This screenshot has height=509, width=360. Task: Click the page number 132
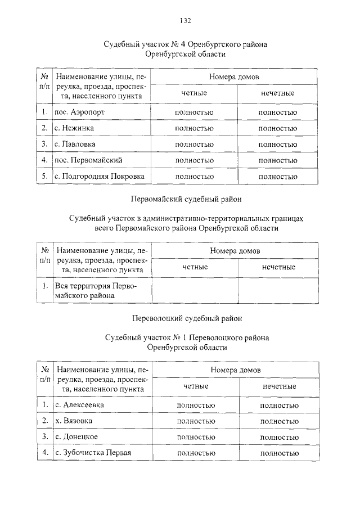[185, 21]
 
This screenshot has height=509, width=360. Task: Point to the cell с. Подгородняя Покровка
[100, 177]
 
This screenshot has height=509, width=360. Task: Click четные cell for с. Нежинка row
[195, 129]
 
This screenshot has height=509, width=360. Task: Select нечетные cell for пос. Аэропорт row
[278, 112]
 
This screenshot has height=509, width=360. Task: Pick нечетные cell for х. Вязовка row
[279, 421]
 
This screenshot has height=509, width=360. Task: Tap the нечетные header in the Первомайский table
[278, 267]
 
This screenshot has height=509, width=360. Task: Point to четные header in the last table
[196, 386]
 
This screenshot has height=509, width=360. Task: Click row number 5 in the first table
[44, 177]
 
